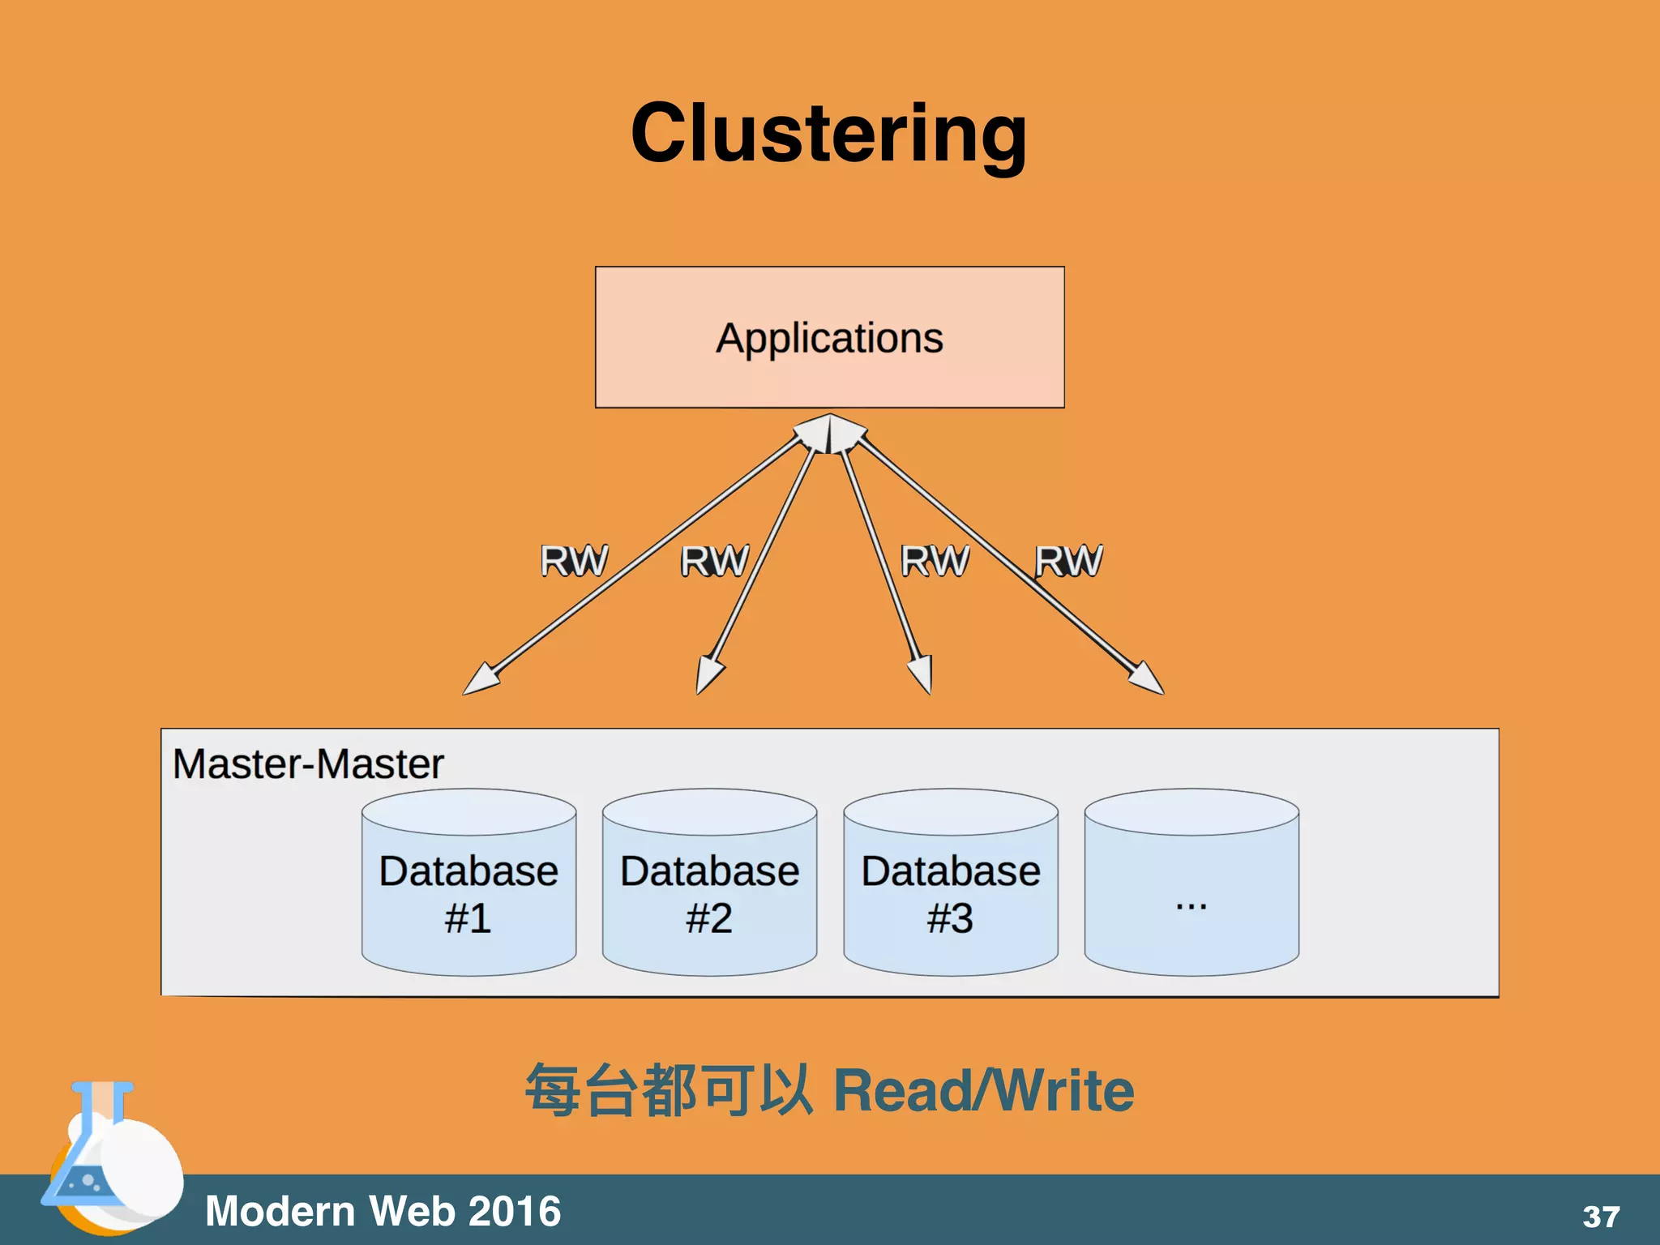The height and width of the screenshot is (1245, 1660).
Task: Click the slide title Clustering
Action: pyautogui.click(x=829, y=134)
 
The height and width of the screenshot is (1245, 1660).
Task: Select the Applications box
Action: pyautogui.click(x=829, y=337)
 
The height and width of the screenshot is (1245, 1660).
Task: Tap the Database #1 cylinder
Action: pyautogui.click(x=468, y=892)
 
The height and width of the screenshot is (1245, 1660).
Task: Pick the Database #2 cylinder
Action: pyautogui.click(x=709, y=892)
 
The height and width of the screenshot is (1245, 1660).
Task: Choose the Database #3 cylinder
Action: pyautogui.click(x=951, y=892)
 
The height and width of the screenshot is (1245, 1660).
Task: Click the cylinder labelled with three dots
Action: pyautogui.click(x=1192, y=892)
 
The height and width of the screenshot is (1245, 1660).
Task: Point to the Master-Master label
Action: pyautogui.click(x=308, y=764)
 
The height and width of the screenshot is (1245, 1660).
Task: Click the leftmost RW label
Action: pyautogui.click(x=574, y=561)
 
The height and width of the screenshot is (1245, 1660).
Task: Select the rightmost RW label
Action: pyautogui.click(x=1068, y=561)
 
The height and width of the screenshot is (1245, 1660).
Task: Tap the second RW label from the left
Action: pyautogui.click(x=714, y=561)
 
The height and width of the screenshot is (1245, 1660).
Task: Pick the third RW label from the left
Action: pyautogui.click(x=935, y=561)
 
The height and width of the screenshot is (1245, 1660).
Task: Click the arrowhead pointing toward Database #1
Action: pyautogui.click(x=480, y=679)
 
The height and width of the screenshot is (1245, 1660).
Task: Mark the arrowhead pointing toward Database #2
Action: pyautogui.click(x=708, y=675)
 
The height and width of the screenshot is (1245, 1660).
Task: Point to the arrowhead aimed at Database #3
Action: pyautogui.click(x=922, y=674)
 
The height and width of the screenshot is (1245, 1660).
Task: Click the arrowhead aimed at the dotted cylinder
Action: pyautogui.click(x=1148, y=679)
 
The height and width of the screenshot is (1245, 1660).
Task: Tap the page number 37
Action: pyautogui.click(x=1601, y=1217)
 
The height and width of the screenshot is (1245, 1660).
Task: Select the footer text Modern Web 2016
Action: pyautogui.click(x=383, y=1211)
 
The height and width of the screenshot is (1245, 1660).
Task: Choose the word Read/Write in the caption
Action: pyautogui.click(x=983, y=1091)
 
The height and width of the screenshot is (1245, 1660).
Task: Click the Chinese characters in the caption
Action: pyautogui.click(x=668, y=1091)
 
